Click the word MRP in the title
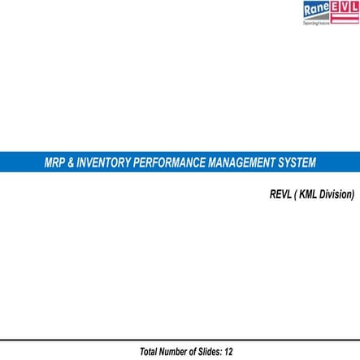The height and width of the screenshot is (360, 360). [x=54, y=163]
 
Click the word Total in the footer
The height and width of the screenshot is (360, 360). [x=150, y=351]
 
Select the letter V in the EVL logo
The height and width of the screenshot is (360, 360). [x=345, y=7]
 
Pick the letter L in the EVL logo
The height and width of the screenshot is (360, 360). [x=354, y=7]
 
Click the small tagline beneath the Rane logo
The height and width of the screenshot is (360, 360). [x=315, y=21]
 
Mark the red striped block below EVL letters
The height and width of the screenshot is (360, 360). [x=345, y=17]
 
